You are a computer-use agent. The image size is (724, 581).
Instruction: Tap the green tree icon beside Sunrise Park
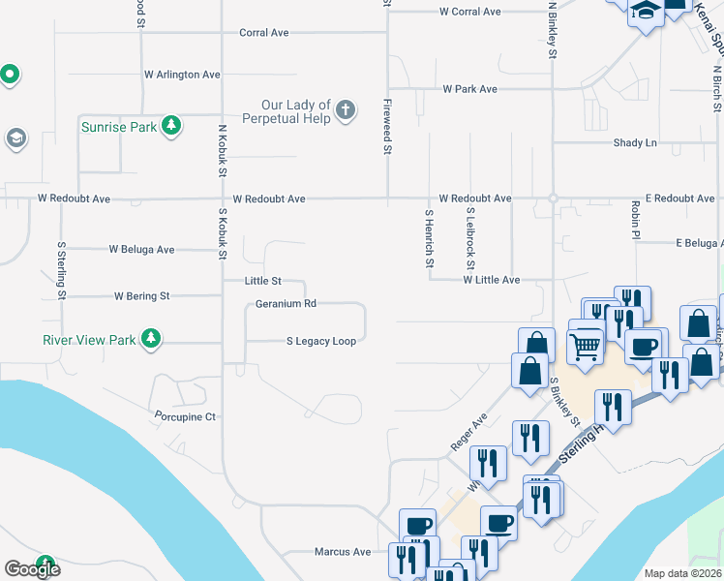coord(170,126)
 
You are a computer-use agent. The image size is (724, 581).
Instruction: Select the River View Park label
coord(89,340)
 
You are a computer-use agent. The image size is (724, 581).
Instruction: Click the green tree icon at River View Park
coord(150,339)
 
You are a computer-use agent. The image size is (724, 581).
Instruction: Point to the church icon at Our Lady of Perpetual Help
coord(346,112)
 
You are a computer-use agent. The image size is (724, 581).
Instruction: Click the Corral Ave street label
coord(264,33)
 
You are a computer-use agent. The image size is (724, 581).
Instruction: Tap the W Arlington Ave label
coord(182,75)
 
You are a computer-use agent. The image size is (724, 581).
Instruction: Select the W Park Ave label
coord(469,89)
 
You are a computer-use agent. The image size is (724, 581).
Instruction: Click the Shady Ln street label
coord(635,143)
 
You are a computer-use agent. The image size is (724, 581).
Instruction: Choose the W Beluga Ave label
coord(141,249)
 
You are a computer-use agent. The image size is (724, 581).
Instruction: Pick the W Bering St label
coord(141,295)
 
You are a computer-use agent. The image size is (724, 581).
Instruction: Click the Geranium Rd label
coord(286,303)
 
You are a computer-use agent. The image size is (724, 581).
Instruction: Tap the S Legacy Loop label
coord(320,341)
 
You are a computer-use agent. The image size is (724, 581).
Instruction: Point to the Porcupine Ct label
coord(184,416)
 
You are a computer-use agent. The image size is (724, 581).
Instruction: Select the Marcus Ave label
coord(343,552)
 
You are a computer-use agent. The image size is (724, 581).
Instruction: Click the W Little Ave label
coord(491,280)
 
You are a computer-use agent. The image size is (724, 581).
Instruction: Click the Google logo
coord(32,569)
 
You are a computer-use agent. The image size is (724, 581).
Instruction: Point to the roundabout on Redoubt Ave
coord(553,199)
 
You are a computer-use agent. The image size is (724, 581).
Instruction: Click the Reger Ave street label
coord(468,433)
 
